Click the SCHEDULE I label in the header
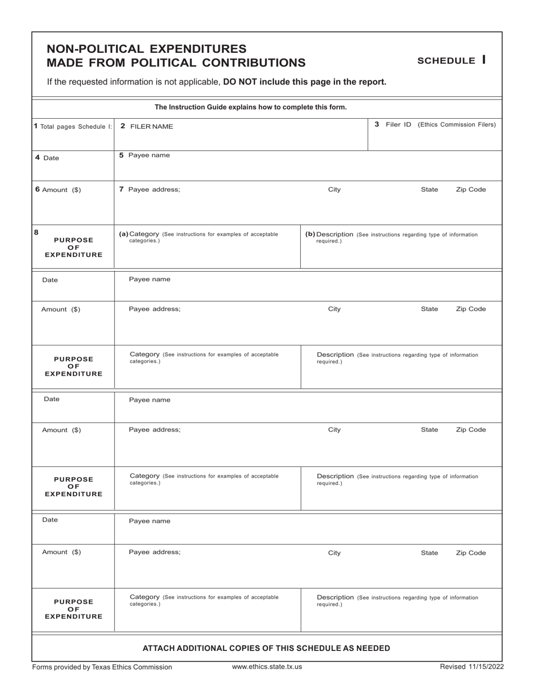pyautogui.click(x=451, y=60)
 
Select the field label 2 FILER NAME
pyautogui.click(x=147, y=127)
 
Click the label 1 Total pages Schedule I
pyautogui.click(x=73, y=127)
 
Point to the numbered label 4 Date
pyautogui.click(x=47, y=158)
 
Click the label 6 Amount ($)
pyautogui.click(x=58, y=190)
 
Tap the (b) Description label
pyautogui.click(x=329, y=234)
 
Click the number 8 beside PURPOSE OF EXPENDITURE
pyautogui.click(x=37, y=231)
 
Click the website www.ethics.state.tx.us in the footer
pyautogui.click(x=267, y=667)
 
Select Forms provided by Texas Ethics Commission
pyautogui.click(x=102, y=667)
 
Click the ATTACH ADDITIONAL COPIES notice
pyautogui.click(x=266, y=648)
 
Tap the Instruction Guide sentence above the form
pyautogui.click(x=251, y=107)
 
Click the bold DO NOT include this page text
pyautogui.click(x=305, y=82)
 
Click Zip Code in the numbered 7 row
pyautogui.click(x=470, y=190)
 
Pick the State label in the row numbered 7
pyautogui.click(x=429, y=190)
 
